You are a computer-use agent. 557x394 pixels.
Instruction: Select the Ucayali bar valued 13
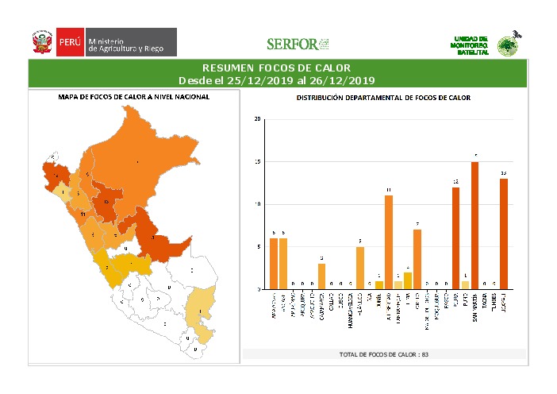click(503, 234)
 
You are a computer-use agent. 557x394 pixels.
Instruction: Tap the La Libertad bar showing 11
click(389, 242)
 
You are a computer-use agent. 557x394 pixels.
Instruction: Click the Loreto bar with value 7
click(417, 259)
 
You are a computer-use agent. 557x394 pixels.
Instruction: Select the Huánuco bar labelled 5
click(359, 268)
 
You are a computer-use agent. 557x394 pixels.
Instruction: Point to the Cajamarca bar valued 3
click(321, 276)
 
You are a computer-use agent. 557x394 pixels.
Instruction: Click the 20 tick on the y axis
click(257, 119)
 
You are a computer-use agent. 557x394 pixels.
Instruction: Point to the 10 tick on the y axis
click(257, 204)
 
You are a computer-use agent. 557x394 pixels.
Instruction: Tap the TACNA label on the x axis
click(484, 303)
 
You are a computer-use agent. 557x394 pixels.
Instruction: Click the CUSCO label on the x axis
click(340, 304)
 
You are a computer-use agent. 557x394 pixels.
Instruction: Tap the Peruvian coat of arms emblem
click(41, 43)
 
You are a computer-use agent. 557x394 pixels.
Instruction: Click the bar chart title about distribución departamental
click(383, 98)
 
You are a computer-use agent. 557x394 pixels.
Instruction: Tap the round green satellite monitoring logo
click(507, 46)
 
